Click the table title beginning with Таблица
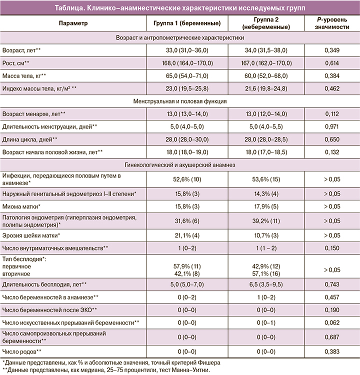point(179,8)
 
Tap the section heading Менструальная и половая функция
point(179,101)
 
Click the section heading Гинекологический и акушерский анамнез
point(179,164)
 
